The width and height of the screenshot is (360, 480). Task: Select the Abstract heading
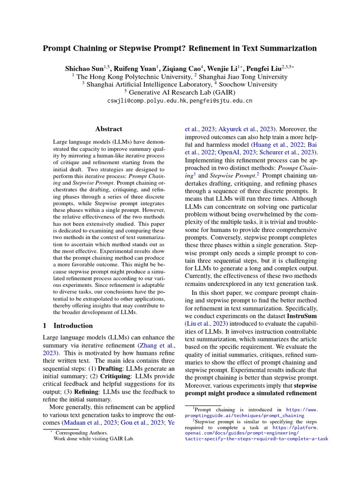108,129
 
